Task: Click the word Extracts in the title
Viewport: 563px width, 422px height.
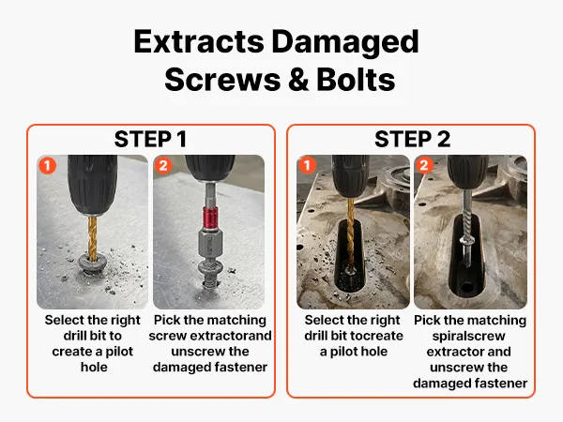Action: (199, 41)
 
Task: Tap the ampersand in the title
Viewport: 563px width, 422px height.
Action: (298, 80)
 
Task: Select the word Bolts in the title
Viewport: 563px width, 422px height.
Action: (356, 80)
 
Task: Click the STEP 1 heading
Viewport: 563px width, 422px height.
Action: (150, 139)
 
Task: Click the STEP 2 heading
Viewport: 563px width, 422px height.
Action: (412, 139)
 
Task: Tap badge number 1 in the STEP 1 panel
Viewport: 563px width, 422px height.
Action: (48, 165)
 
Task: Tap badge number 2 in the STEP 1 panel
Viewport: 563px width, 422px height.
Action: (163, 165)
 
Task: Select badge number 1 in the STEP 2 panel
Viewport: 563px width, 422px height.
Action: (307, 165)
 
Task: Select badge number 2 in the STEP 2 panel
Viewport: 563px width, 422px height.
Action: (424, 165)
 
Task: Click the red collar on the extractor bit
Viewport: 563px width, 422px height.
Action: (210, 219)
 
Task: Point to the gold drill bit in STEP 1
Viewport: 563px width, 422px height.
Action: (93, 237)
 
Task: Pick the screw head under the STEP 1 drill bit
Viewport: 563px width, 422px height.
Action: (93, 264)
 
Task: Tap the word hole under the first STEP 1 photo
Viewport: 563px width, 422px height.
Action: (94, 367)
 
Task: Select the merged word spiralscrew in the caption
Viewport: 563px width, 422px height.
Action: (468, 337)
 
